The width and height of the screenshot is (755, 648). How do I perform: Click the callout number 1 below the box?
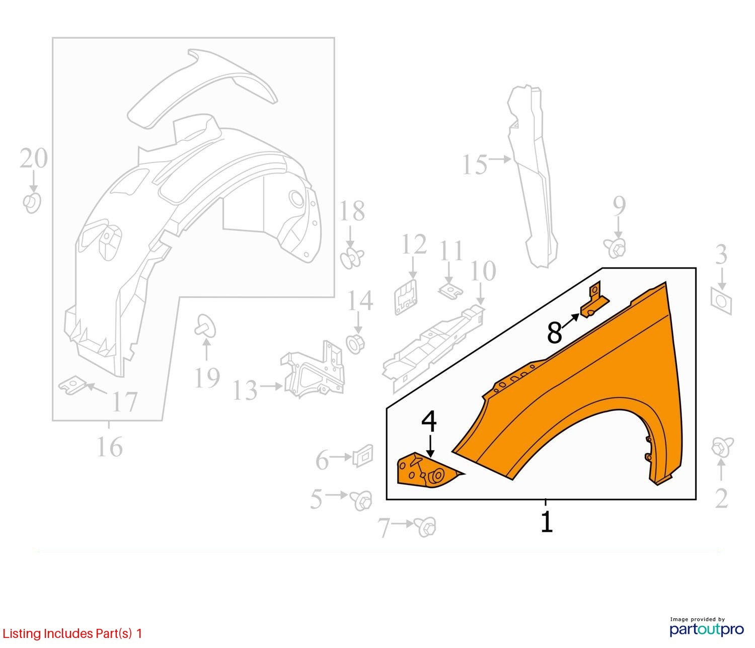point(547,522)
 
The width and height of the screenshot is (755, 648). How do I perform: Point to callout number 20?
point(34,158)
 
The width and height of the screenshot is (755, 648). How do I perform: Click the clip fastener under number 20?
point(32,203)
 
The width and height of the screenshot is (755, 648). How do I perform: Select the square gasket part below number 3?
point(721,301)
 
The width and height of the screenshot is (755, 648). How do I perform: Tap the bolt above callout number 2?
point(722,448)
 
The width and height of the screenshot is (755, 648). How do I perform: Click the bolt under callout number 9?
point(616,248)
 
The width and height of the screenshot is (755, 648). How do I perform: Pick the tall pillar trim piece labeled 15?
point(533,176)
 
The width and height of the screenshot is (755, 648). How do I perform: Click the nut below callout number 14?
point(355,343)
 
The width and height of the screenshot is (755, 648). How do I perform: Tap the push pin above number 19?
point(205,326)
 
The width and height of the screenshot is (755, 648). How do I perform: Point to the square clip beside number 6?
point(363,456)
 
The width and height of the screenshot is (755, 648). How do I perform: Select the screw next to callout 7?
point(425,527)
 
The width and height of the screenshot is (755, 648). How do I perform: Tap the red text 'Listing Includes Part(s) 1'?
point(72,633)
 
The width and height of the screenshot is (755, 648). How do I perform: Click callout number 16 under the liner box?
point(110,447)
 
